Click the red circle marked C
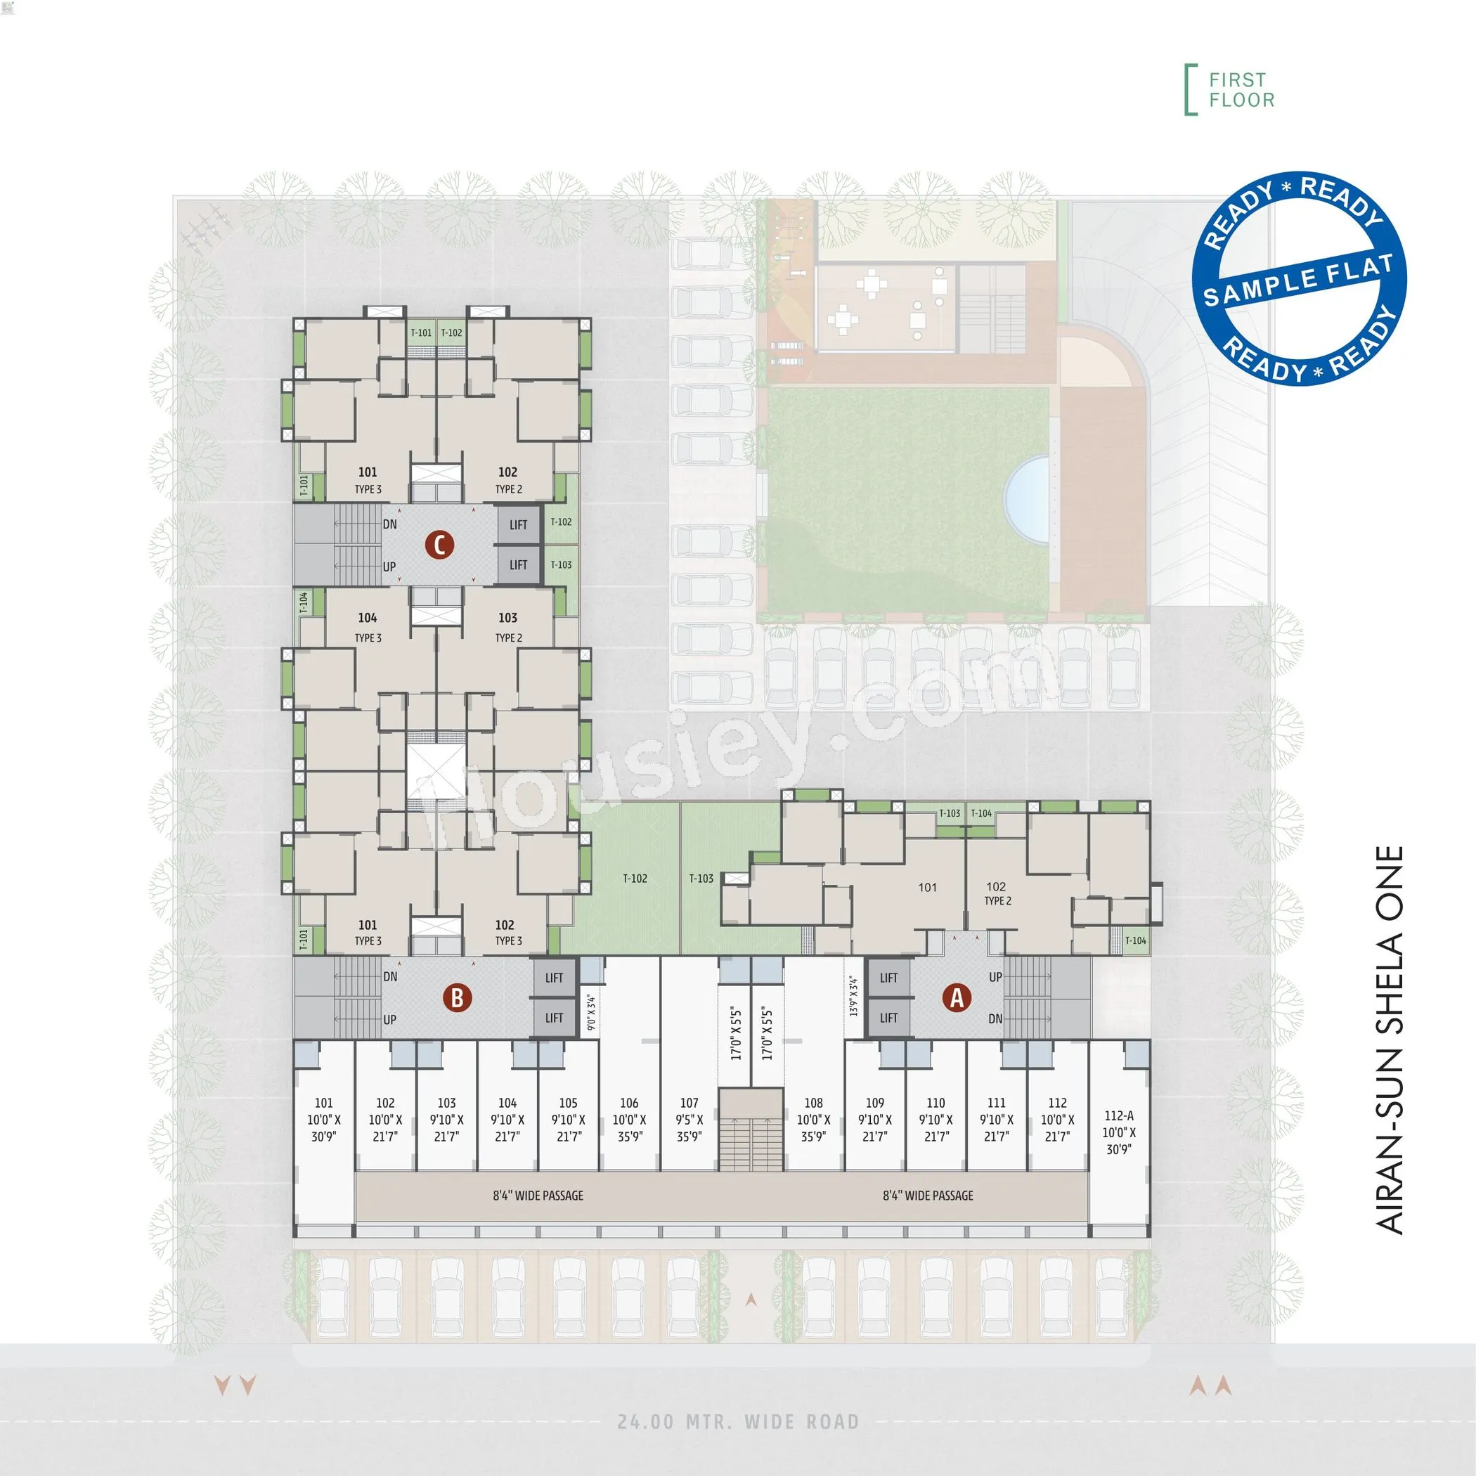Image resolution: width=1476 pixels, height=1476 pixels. (439, 545)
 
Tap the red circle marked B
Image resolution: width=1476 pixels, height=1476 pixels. (457, 998)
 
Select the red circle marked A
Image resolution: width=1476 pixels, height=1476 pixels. (957, 998)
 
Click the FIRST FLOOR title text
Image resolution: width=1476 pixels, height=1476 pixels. (1241, 90)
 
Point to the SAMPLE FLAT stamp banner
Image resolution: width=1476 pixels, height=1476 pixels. (1300, 280)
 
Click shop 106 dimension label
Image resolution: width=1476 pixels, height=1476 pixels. (629, 1119)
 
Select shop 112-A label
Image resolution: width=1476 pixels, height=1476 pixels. (1118, 1132)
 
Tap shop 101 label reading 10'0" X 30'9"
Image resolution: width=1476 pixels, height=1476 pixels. (324, 1119)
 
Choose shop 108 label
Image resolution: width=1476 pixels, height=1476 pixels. (813, 1119)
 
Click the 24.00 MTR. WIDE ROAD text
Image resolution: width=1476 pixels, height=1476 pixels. (738, 1422)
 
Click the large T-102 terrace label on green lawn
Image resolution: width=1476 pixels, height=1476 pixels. (635, 879)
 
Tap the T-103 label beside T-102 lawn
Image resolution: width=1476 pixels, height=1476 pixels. (701, 879)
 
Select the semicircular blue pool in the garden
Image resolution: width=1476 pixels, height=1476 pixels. (1028, 500)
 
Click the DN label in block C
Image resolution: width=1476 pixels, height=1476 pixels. (389, 524)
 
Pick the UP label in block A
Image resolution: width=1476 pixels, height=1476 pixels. (995, 976)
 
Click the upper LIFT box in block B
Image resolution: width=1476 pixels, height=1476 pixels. (554, 978)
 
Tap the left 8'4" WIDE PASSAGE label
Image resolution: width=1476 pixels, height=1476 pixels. (538, 1196)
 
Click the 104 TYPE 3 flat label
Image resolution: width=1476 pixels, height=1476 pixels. (368, 627)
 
